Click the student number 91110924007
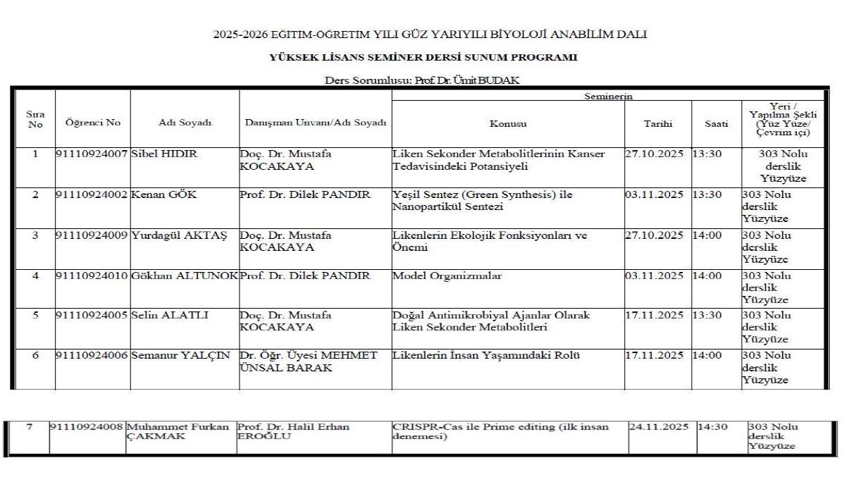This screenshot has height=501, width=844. click(x=93, y=154)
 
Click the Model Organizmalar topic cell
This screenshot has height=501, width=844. click(x=447, y=276)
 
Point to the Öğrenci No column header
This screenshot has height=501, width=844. click(x=93, y=123)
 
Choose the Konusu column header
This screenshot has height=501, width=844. click(x=508, y=123)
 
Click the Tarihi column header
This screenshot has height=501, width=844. click(x=657, y=123)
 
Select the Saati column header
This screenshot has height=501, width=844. click(x=716, y=123)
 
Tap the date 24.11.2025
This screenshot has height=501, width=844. click(x=658, y=427)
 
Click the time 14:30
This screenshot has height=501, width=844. click(x=712, y=427)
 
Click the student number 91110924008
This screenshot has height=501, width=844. click(x=87, y=427)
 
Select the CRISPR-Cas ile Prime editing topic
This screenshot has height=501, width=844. click(x=500, y=431)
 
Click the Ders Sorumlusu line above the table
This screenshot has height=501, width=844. click(x=421, y=80)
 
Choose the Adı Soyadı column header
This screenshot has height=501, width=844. click(x=185, y=123)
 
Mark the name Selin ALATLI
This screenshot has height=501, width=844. click(x=170, y=316)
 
